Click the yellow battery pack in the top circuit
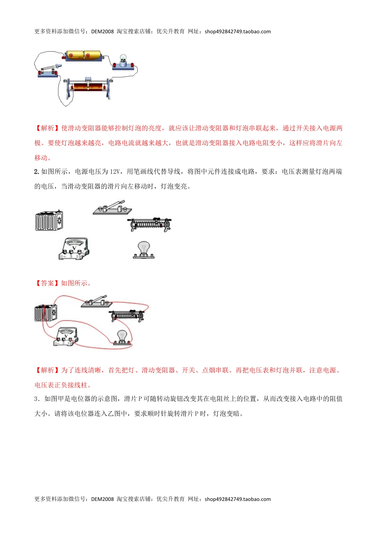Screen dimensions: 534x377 coord(83,56)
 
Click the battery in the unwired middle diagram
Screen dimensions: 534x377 coord(49,221)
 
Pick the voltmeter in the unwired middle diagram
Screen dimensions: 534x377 coord(74,249)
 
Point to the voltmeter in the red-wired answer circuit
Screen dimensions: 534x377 coord(66,337)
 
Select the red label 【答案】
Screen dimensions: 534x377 coord(47,283)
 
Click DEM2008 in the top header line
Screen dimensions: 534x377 coord(102,32)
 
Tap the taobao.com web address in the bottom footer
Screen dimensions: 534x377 coord(238,499)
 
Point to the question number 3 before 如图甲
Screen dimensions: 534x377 coord(36,399)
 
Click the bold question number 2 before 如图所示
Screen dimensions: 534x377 coord(37,172)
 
